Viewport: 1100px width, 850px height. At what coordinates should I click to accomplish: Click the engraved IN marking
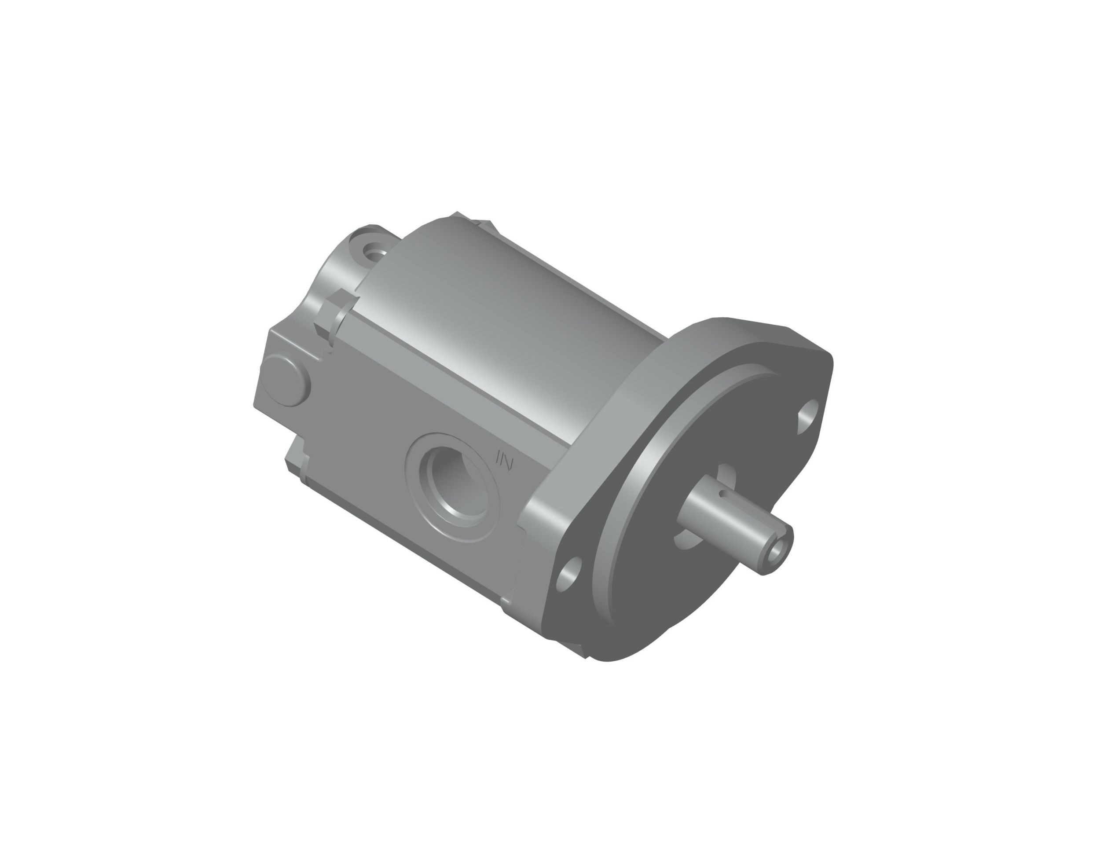coord(504,460)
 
